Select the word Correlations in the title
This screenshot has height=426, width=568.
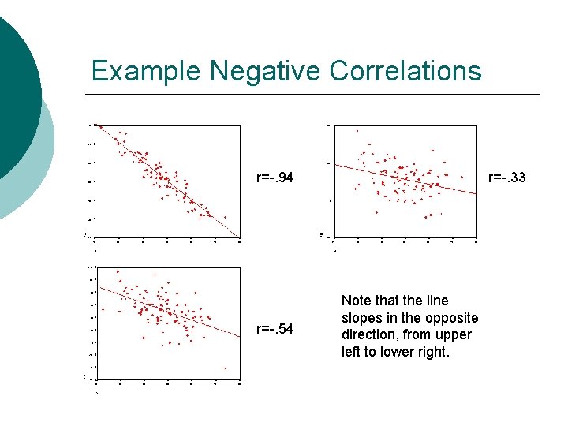(x=405, y=71)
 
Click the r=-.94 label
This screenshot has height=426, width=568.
(x=275, y=177)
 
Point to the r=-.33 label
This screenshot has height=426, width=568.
(x=507, y=177)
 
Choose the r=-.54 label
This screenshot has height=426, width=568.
(x=275, y=329)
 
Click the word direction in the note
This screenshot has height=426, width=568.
(x=368, y=335)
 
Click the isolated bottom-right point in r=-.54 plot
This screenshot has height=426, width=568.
(x=226, y=368)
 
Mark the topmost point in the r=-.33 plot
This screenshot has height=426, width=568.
(x=357, y=130)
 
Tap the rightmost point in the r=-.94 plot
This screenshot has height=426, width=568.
(x=226, y=217)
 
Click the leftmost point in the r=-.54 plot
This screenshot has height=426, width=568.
(x=118, y=271)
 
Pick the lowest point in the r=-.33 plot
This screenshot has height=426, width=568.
(x=426, y=216)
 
